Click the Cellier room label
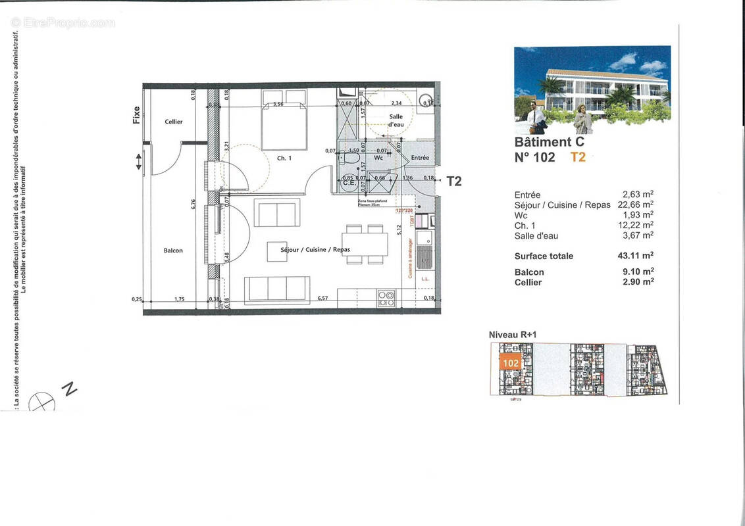click(174, 122)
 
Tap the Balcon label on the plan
click(173, 251)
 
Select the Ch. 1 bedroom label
click(284, 158)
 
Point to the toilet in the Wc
click(349, 158)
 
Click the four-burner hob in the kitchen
click(386, 298)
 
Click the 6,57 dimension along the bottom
click(322, 298)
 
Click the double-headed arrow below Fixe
click(138, 161)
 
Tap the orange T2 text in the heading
click(577, 157)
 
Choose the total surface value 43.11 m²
click(638, 256)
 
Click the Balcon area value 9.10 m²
click(638, 272)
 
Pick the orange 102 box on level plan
click(511, 362)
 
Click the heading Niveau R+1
click(513, 335)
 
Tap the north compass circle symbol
click(42, 401)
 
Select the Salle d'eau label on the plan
click(396, 120)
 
